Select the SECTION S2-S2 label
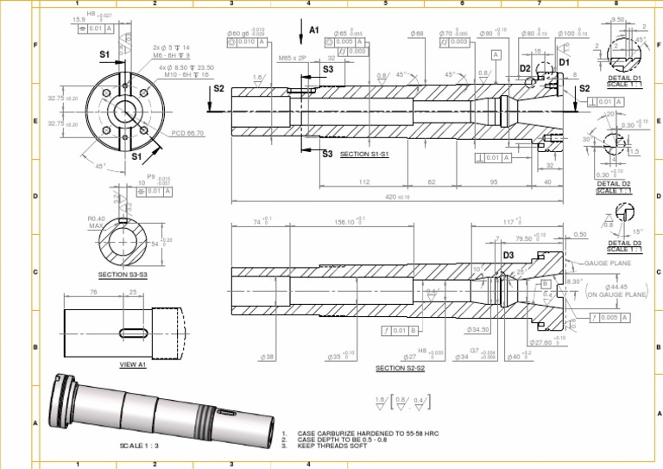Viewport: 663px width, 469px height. (400, 369)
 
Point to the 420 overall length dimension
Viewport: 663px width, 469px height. (397, 197)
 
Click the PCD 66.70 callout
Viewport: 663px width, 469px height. (187, 133)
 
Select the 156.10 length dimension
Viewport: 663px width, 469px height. (348, 221)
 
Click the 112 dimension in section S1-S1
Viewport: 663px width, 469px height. (363, 182)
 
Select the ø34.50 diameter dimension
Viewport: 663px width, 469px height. (477, 330)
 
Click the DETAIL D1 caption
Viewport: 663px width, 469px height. (624, 78)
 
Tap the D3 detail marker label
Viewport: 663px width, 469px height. (508, 255)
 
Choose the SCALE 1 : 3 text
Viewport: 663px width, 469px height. (138, 445)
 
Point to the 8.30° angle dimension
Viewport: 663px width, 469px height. (573, 281)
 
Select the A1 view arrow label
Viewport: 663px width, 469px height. (314, 29)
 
